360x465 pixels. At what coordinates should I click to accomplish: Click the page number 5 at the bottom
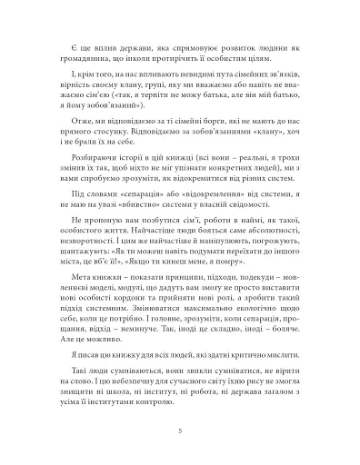180,430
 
